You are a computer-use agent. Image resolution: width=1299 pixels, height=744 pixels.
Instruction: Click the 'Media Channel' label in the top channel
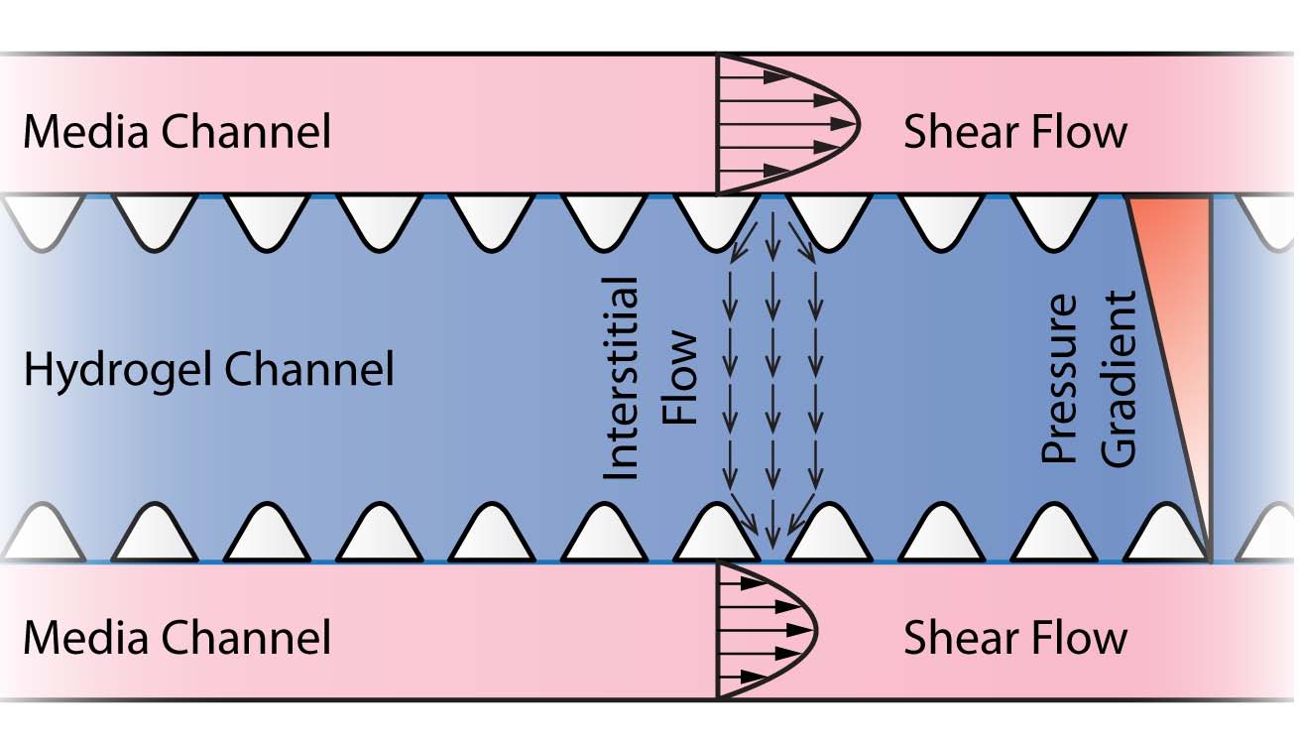coord(177,132)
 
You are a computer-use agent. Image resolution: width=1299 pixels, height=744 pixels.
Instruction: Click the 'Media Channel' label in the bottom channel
coord(177,637)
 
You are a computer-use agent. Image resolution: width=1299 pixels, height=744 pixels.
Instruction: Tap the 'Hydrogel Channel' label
coord(208,370)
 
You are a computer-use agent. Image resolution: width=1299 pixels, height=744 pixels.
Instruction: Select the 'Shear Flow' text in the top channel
coord(1014,132)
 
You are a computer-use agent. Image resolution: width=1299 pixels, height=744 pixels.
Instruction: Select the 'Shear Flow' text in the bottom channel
coord(1014,637)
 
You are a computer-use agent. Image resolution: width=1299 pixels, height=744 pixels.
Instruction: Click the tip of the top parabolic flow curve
coord(859,125)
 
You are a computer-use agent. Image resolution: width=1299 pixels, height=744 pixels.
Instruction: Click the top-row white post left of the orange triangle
coord(1055,218)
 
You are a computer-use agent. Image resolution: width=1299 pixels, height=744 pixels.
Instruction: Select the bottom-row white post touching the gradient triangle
coord(1168,536)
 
